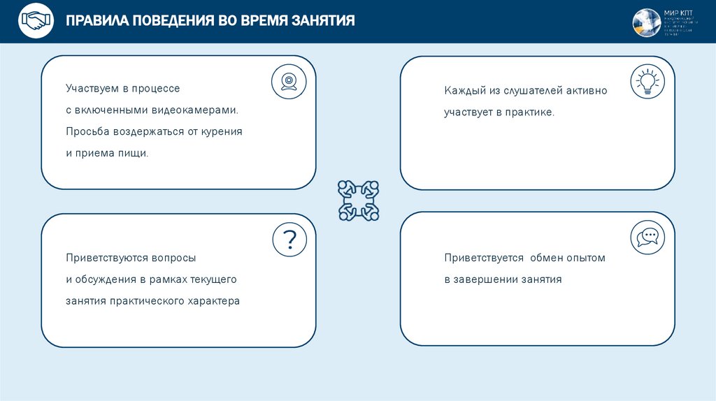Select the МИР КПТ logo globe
(x=646, y=22)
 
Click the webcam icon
(x=289, y=82)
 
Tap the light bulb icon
(x=647, y=82)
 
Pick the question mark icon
(x=289, y=240)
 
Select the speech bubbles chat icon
(x=647, y=238)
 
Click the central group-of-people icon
(x=358, y=200)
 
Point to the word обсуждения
(x=106, y=279)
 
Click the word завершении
(x=487, y=279)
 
